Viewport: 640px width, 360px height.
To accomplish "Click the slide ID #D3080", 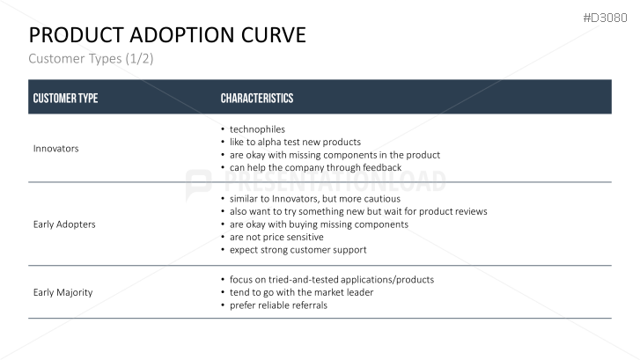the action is coord(605,18).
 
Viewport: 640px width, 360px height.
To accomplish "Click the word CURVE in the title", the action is coord(274,34).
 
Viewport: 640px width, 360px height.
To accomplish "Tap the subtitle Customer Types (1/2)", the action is coord(91,58).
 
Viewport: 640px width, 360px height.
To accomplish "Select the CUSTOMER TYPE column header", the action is coord(65,98).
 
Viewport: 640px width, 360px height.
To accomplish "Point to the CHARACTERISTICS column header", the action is coord(257,98).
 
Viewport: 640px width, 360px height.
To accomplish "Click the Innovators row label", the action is coord(56,148).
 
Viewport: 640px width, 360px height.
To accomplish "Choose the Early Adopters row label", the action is coord(64,224).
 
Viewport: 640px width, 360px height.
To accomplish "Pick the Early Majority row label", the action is coord(63,292).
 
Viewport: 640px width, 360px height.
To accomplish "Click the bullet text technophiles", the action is coord(257,129).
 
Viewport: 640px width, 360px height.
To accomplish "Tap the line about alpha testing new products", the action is coord(295,142).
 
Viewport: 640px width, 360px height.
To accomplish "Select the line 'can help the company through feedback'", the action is coord(315,167).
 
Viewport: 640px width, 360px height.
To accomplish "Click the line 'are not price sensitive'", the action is coord(276,237).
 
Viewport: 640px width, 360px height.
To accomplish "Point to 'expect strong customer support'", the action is coord(298,250).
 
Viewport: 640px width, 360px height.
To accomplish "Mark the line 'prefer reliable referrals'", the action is coord(278,305).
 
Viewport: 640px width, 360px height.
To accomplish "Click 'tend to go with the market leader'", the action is coord(302,292).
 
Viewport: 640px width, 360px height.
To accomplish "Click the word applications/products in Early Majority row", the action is coord(387,280).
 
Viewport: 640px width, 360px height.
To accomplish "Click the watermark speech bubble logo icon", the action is coord(198,185).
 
